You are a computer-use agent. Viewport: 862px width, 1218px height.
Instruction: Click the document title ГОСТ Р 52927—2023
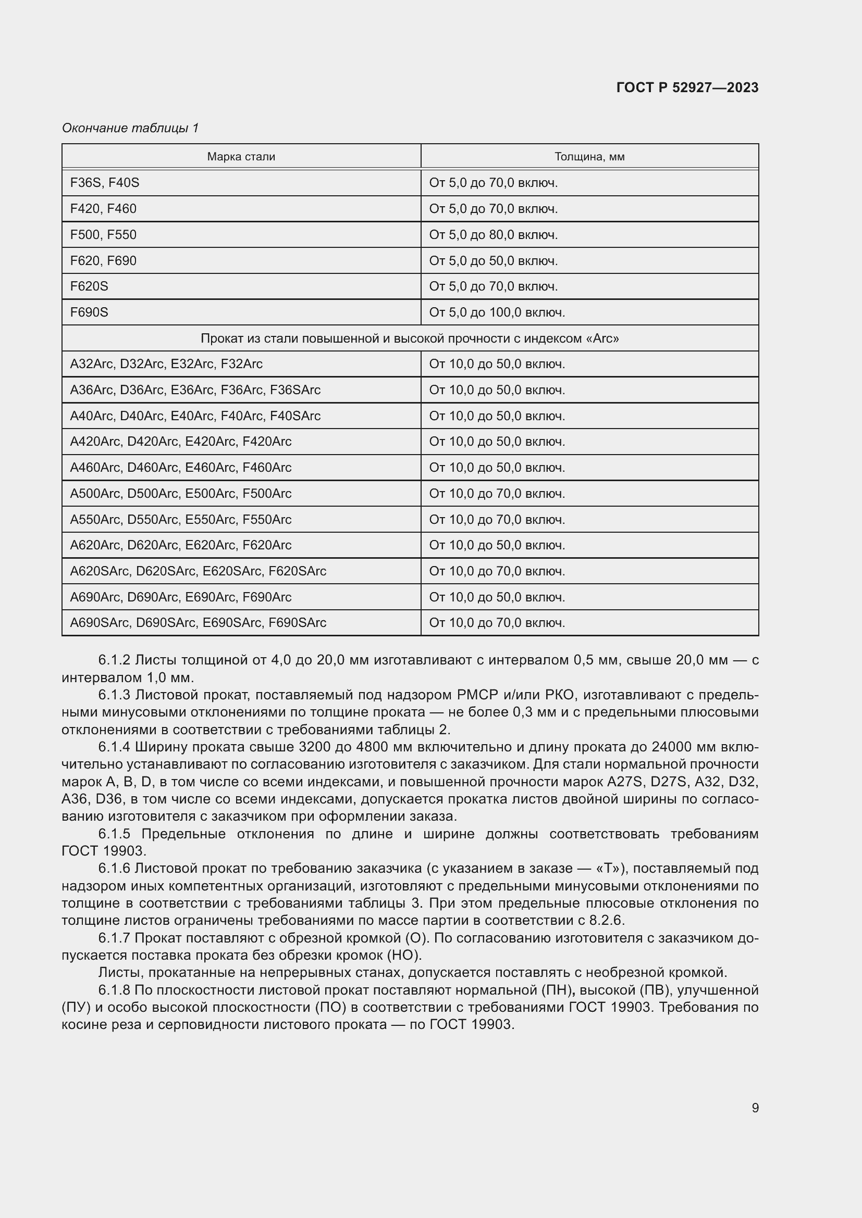point(687,87)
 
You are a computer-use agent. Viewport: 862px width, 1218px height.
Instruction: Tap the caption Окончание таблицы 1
point(130,128)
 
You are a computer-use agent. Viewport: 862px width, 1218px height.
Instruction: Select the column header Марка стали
point(241,157)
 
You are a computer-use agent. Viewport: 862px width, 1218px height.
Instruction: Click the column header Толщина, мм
point(589,157)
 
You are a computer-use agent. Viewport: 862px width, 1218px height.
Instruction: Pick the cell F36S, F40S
point(105,182)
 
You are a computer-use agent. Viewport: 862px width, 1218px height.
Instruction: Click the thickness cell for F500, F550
point(493,234)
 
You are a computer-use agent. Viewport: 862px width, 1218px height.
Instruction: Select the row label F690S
point(89,312)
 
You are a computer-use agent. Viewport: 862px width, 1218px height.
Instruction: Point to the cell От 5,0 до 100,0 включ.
point(497,312)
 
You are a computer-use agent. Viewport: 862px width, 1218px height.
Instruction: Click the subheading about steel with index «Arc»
point(410,338)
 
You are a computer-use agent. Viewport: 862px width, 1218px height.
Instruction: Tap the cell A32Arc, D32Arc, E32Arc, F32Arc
point(166,364)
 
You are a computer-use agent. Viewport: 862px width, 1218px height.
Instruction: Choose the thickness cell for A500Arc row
point(497,493)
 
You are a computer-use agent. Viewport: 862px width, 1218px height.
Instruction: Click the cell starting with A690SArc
point(198,623)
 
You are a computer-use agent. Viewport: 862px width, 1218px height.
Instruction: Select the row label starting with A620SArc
point(198,571)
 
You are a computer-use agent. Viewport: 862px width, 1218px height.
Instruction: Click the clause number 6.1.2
point(114,660)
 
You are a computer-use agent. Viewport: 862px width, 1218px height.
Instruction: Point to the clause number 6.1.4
point(114,747)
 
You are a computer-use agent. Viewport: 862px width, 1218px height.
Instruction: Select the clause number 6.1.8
point(114,990)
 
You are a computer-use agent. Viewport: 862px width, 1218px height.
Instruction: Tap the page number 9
point(755,1108)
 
